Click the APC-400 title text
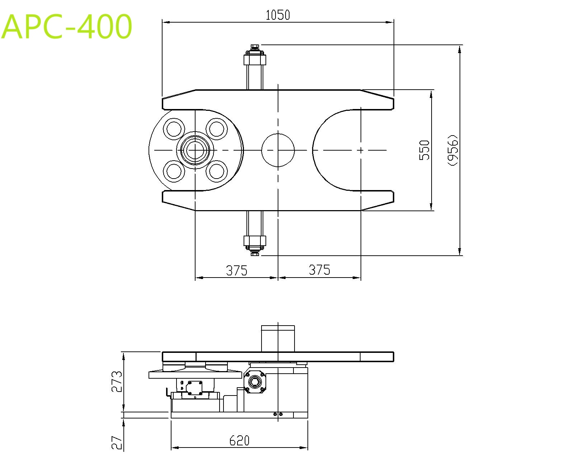[67, 27]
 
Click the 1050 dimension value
[278, 15]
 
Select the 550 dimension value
[424, 150]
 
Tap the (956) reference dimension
[453, 150]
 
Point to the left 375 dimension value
[236, 270]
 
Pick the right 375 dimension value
[319, 270]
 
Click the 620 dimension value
[239, 440]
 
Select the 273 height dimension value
[117, 382]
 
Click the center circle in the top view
[278, 150]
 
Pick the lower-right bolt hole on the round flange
[217, 171]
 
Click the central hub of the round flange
[195, 150]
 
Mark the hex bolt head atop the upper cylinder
[255, 47]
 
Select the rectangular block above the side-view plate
[278, 339]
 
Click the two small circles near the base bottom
[278, 414]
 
